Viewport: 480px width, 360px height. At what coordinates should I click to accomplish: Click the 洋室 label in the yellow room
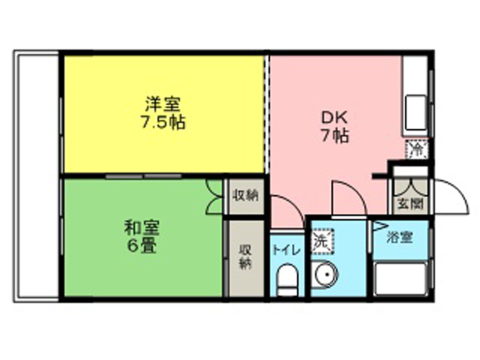163,104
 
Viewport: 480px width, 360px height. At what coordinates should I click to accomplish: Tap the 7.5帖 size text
163,123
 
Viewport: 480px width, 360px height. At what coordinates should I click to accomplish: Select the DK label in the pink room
334,117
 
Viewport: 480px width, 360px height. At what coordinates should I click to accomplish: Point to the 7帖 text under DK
334,136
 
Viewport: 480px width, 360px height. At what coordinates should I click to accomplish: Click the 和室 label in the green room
142,227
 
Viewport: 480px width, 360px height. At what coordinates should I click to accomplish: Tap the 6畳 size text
142,245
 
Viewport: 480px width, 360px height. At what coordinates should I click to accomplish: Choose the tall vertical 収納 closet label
245,256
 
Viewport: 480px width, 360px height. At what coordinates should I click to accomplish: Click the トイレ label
286,250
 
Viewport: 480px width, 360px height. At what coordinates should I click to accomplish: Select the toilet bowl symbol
286,280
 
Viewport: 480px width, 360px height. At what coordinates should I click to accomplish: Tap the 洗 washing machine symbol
322,241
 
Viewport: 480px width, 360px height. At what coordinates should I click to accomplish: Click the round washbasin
325,274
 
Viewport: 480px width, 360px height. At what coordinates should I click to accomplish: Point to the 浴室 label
400,237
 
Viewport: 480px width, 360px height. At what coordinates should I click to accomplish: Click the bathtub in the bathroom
401,278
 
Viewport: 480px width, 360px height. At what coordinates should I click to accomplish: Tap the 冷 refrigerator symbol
416,148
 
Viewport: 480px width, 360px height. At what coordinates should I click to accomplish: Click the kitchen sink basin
415,112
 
